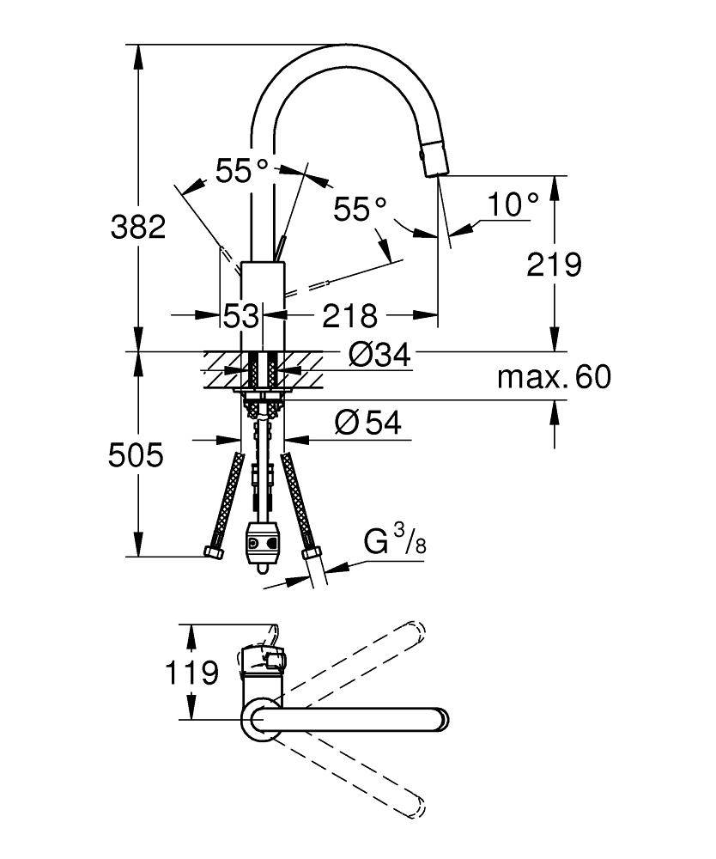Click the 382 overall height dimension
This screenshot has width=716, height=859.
pos(137,228)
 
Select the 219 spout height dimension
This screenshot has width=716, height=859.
pos(555,264)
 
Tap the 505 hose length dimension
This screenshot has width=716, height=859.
pos(136,454)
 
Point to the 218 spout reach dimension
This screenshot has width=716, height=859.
pos(349,316)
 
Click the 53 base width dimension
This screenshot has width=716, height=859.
pos(241,316)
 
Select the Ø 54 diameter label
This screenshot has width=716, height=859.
pos(368,422)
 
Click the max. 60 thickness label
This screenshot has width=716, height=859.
pos(555,376)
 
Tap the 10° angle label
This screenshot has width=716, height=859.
pos(513,204)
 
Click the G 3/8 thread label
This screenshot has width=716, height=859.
pos(394,542)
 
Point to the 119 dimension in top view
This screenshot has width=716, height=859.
pos(190,672)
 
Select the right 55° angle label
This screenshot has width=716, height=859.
pos(361,209)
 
